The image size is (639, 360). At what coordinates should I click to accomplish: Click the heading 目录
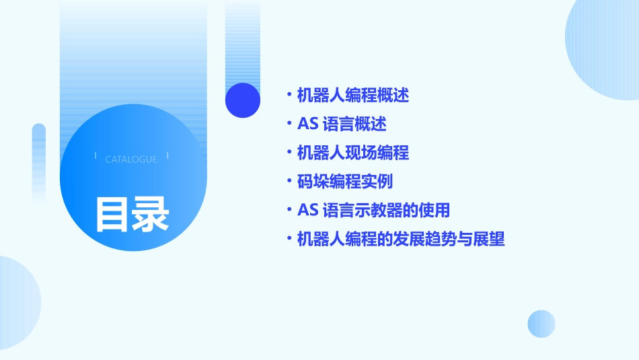click(x=132, y=214)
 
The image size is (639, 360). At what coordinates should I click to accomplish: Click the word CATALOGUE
click(x=131, y=159)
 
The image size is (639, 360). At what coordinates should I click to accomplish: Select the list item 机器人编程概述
click(x=352, y=96)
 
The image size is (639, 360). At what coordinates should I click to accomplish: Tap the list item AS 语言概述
click(x=342, y=124)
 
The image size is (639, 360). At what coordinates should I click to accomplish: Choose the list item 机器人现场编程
click(x=352, y=153)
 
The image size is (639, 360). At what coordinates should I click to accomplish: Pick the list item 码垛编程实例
click(x=344, y=182)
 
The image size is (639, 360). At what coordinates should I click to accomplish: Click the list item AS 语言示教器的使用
click(x=373, y=210)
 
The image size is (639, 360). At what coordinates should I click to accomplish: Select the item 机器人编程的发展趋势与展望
click(x=400, y=239)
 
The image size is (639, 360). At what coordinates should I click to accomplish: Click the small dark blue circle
click(x=242, y=100)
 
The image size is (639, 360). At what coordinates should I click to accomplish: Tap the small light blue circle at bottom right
click(x=541, y=324)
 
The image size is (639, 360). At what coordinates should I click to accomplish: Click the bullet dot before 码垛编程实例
click(x=289, y=181)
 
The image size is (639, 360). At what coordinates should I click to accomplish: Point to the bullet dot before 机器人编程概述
click(x=289, y=95)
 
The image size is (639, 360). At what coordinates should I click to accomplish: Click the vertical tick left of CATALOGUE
click(x=96, y=156)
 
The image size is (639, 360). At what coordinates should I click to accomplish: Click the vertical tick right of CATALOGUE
click(x=167, y=156)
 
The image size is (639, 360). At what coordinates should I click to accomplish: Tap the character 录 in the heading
click(x=151, y=214)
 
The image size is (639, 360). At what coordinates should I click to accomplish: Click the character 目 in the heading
click(x=112, y=214)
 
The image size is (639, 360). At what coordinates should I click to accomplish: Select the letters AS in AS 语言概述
click(x=307, y=124)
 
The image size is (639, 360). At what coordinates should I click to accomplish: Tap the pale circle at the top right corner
click(x=605, y=47)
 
